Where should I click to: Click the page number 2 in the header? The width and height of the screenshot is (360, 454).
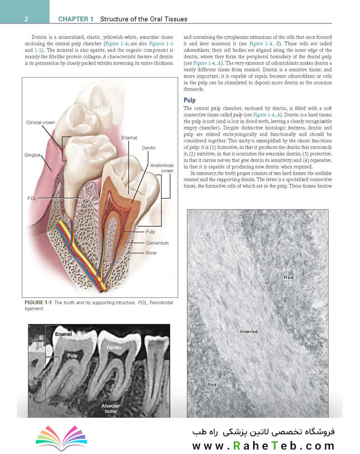click(26, 19)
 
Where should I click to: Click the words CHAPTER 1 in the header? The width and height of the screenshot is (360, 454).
click(76, 19)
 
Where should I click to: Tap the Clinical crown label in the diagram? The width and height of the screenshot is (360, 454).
click(41, 122)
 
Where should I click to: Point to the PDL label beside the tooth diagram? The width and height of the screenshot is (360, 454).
click(32, 198)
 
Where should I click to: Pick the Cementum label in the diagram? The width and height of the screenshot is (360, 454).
click(157, 243)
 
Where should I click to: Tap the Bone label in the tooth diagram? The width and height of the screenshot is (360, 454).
click(151, 252)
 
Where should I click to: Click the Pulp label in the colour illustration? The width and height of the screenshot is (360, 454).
click(150, 232)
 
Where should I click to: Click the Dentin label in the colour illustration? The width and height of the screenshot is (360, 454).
click(148, 148)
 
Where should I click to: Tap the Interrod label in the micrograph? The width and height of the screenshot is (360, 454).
click(249, 331)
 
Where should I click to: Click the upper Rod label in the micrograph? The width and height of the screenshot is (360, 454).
click(288, 277)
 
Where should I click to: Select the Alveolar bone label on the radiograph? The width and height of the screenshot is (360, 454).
click(109, 408)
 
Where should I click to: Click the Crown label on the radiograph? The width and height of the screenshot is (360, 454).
click(37, 340)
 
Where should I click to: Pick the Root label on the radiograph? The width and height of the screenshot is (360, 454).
click(38, 379)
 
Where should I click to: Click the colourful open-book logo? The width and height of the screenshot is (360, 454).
click(61, 436)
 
